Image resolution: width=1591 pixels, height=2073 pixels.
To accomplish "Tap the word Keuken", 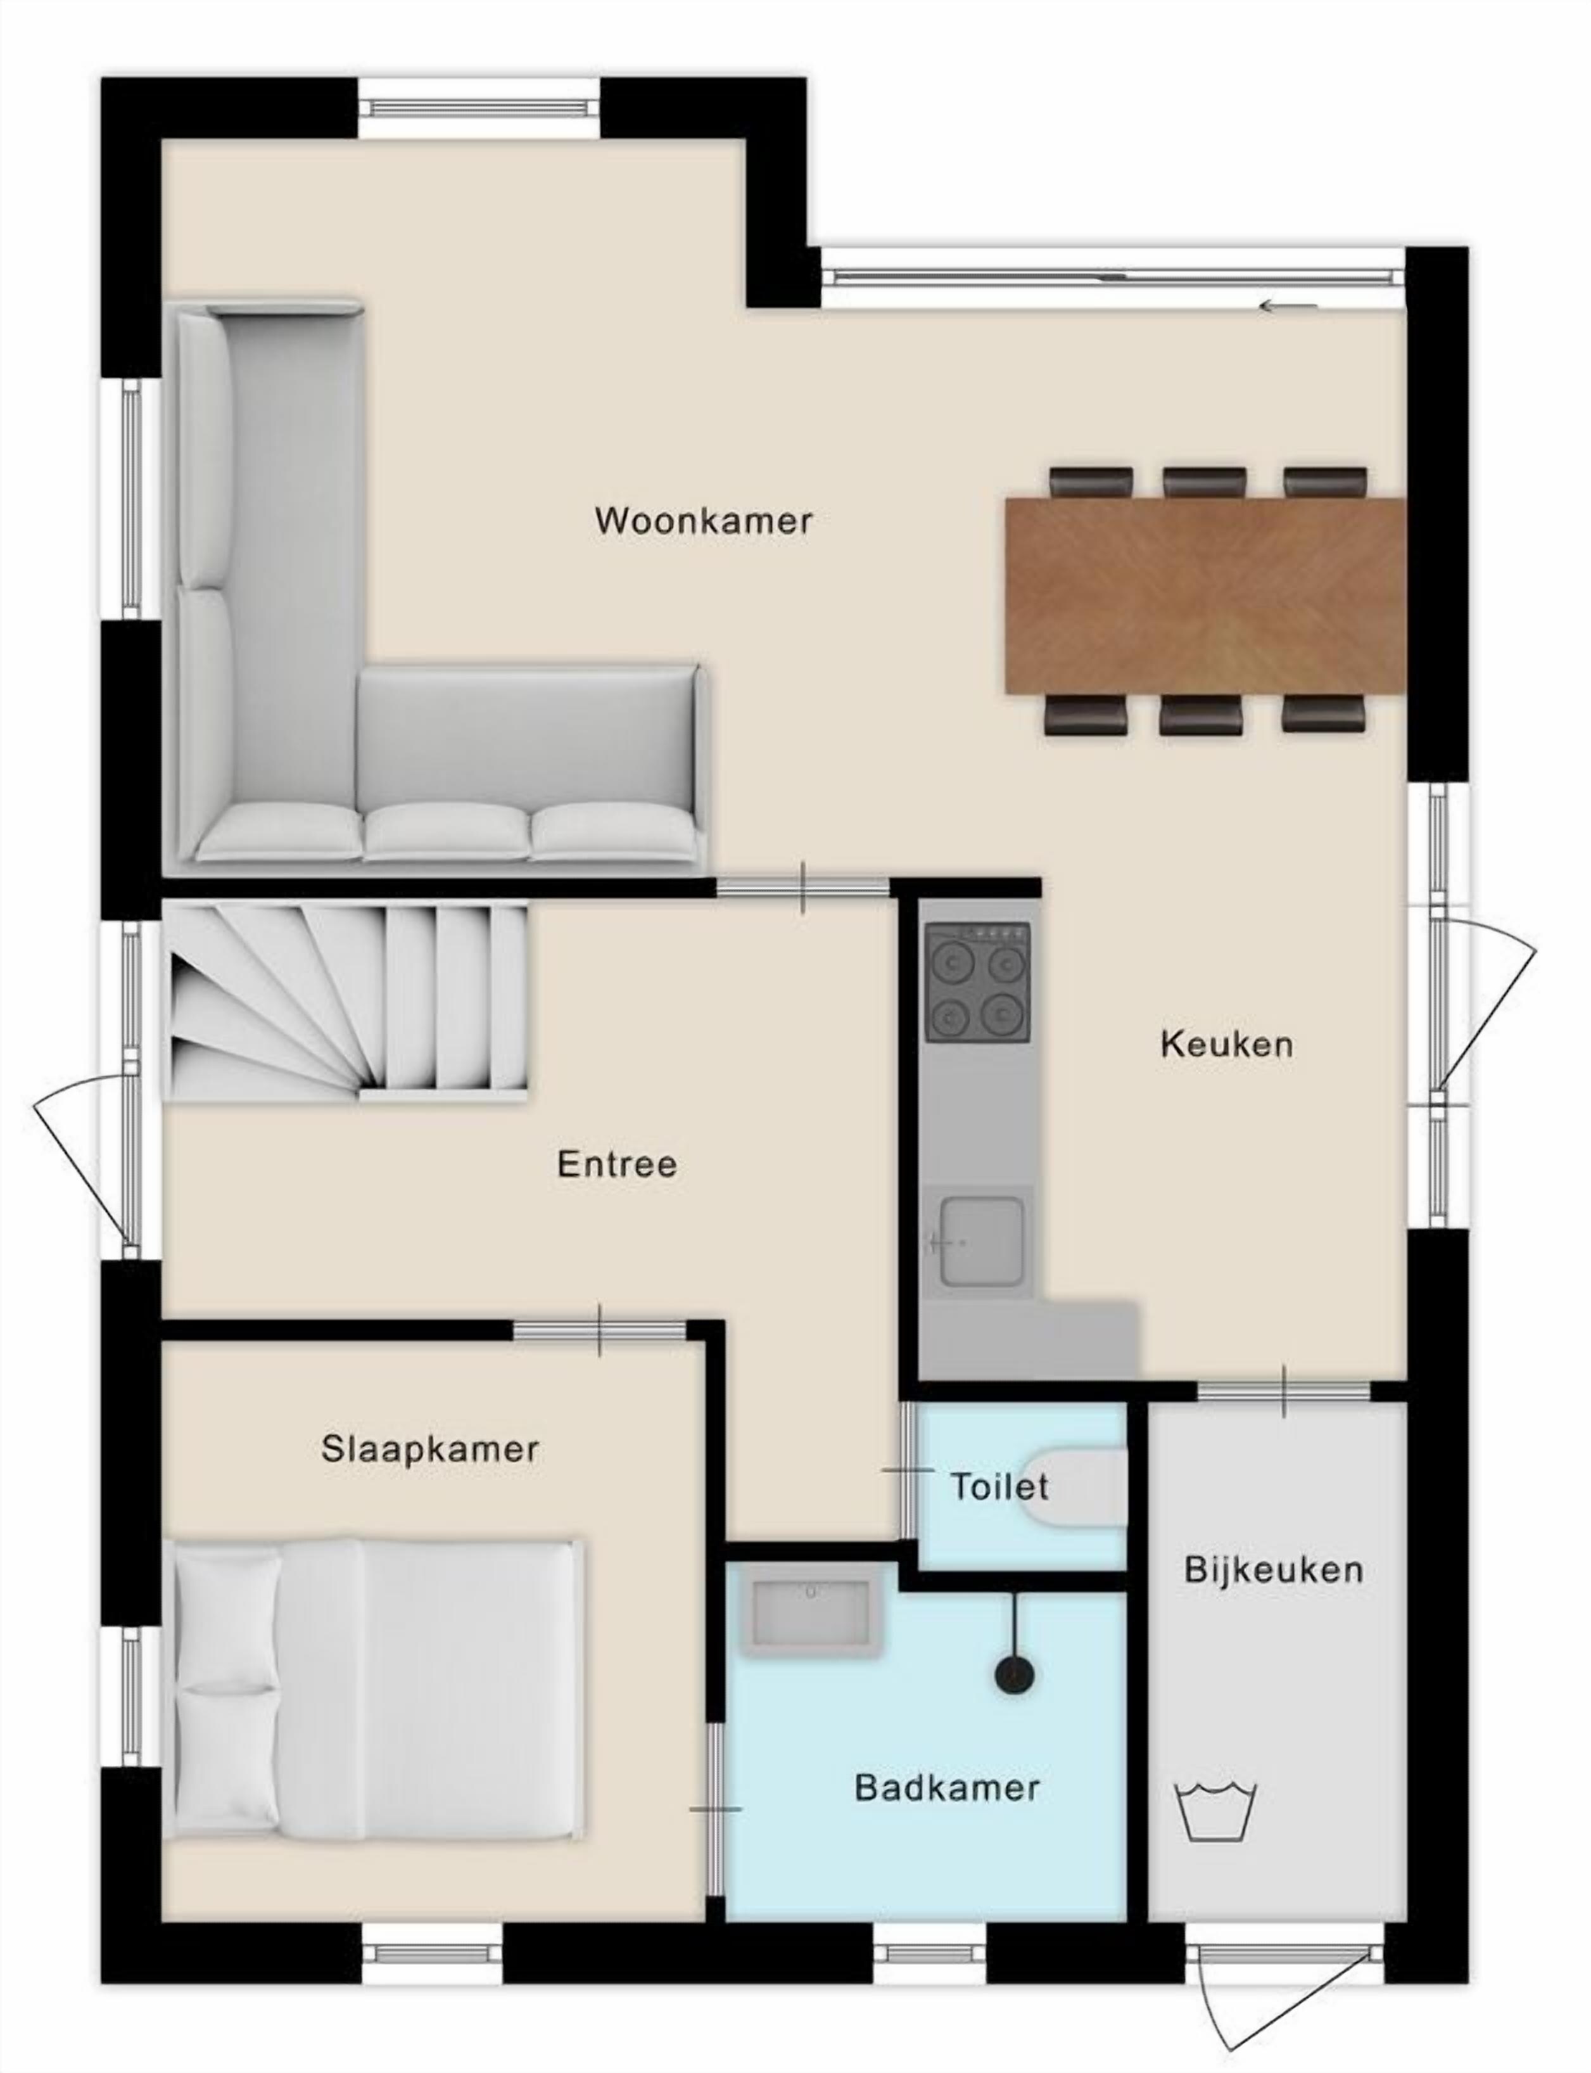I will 1226,1044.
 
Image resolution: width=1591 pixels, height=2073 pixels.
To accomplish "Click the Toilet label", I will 999,1486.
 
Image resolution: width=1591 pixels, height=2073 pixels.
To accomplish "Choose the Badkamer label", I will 947,1788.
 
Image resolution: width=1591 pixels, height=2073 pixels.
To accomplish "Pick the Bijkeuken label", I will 1274,1570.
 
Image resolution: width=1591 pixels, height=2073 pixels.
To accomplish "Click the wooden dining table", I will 1205,597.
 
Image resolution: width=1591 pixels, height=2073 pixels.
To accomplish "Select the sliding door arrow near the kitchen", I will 1288,306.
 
